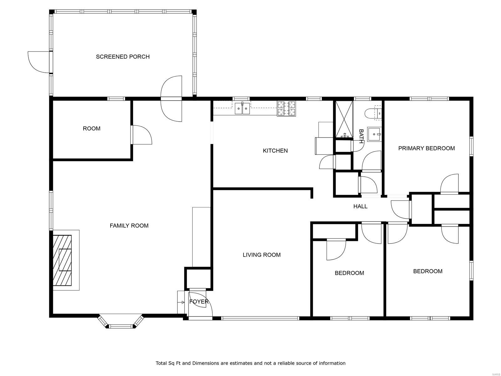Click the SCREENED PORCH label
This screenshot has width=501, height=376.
(x=122, y=57)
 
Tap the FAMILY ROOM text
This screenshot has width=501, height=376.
(x=129, y=226)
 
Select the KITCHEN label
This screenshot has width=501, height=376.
(x=275, y=151)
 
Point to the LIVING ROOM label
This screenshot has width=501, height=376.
(x=261, y=255)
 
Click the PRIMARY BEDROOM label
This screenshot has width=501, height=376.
(x=426, y=149)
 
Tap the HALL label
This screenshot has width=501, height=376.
(x=360, y=206)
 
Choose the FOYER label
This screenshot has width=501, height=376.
(x=199, y=301)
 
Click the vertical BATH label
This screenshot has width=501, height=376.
(x=361, y=136)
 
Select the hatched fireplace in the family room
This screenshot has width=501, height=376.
(x=62, y=260)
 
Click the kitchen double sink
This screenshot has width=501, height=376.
(x=242, y=108)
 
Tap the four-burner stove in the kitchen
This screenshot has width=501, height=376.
(x=286, y=108)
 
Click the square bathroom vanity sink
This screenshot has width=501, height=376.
(x=374, y=134)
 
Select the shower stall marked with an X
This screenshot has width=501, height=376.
(x=344, y=119)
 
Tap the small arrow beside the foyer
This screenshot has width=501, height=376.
(x=182, y=302)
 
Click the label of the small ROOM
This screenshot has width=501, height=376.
(x=91, y=128)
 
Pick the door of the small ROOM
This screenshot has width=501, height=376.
(x=142, y=135)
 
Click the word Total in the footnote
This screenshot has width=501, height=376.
(x=161, y=363)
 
